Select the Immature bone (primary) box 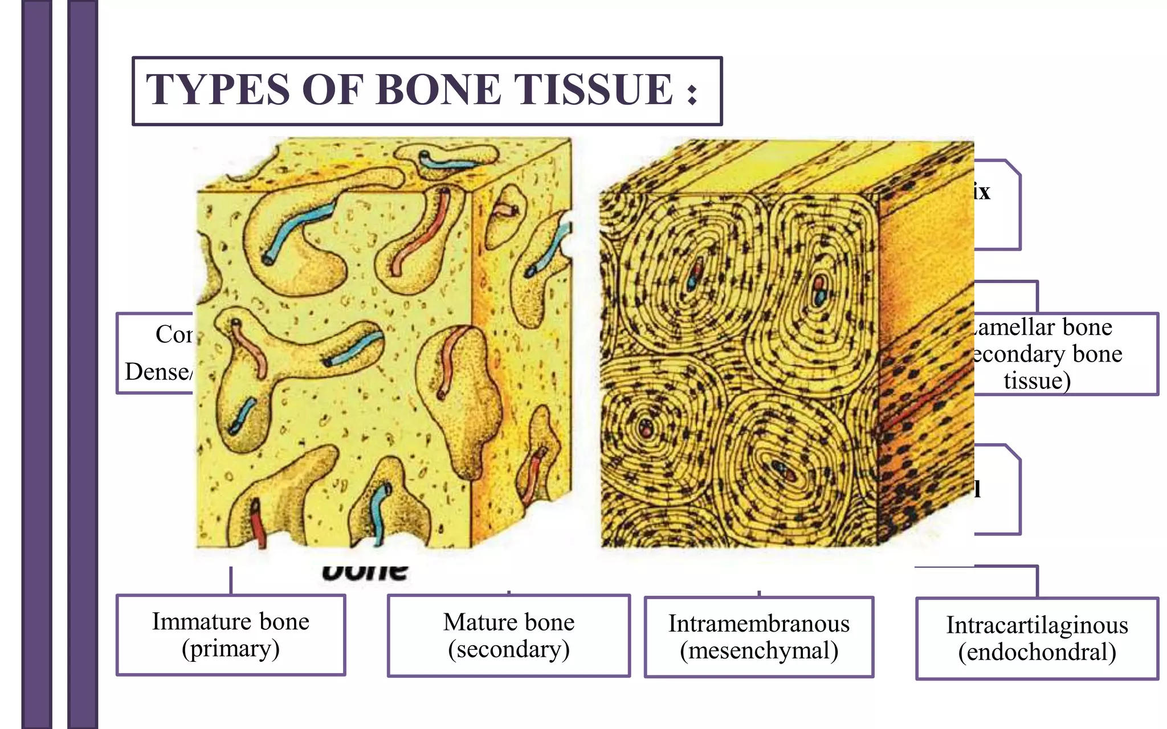231,635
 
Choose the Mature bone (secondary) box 509,636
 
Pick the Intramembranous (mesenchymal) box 759,637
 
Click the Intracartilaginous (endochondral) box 1037,638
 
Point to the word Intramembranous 759,624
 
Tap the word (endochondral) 1037,652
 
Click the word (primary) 231,649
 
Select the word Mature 475,622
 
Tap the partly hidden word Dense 157,372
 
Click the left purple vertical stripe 36,364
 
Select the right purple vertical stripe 83,364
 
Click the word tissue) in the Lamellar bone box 1037,380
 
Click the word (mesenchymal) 759,650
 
